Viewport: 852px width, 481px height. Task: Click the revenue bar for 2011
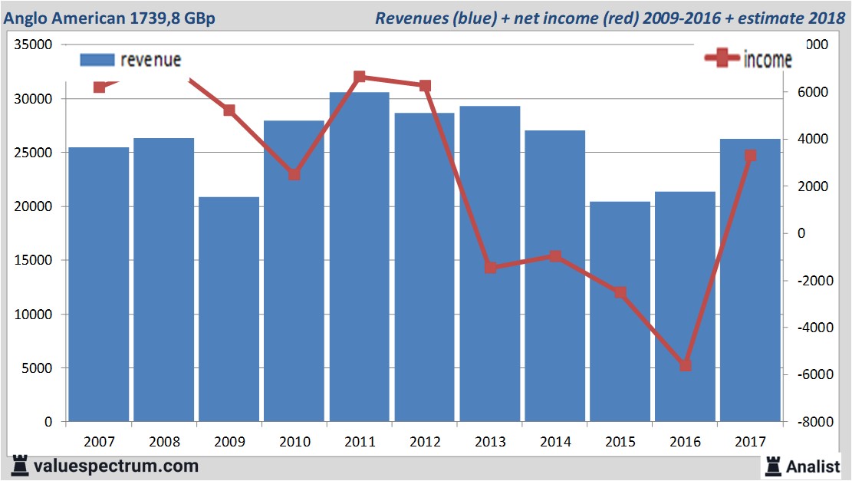click(x=359, y=257)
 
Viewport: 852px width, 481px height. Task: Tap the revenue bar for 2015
click(x=620, y=311)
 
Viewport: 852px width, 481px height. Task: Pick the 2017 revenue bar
click(x=750, y=280)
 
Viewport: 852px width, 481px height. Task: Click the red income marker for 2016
click(x=686, y=365)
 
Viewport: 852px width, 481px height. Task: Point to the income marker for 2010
click(x=294, y=175)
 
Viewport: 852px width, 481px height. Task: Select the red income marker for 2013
click(x=491, y=267)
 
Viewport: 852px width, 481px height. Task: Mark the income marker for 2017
click(x=751, y=156)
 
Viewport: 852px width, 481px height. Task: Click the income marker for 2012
click(x=426, y=86)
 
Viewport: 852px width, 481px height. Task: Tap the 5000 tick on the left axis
click(x=37, y=368)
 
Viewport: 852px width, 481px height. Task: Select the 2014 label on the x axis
click(x=555, y=442)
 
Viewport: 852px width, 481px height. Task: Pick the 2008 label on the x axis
click(x=164, y=442)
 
